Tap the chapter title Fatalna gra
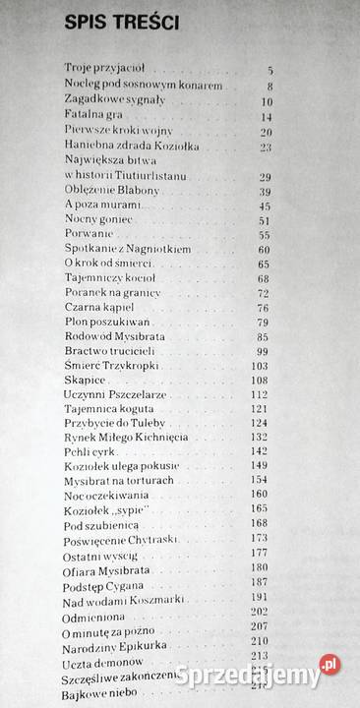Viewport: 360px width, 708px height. point(85,116)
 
